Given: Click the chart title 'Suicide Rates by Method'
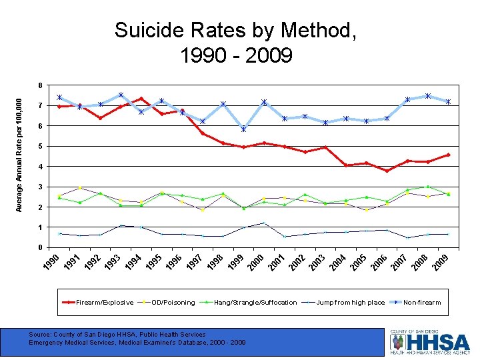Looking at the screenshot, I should tap(235, 31).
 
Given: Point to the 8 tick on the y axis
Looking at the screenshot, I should tap(40, 85).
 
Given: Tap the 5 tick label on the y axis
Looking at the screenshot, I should tap(40, 146).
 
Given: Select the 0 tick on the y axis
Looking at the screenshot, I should tap(40, 248).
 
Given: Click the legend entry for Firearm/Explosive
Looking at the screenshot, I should tap(104, 303).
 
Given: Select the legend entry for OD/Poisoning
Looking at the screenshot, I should tap(173, 303).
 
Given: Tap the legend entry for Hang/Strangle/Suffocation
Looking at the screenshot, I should tap(255, 303).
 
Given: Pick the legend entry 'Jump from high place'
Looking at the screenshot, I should tap(351, 303).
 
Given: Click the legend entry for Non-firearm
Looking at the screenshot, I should tap(421, 303).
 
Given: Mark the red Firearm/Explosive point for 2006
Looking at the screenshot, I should tap(387, 171).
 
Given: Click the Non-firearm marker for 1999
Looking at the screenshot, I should tap(244, 129).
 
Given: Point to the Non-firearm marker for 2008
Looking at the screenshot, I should tap(428, 96).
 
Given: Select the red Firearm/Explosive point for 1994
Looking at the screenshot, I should tap(141, 99).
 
